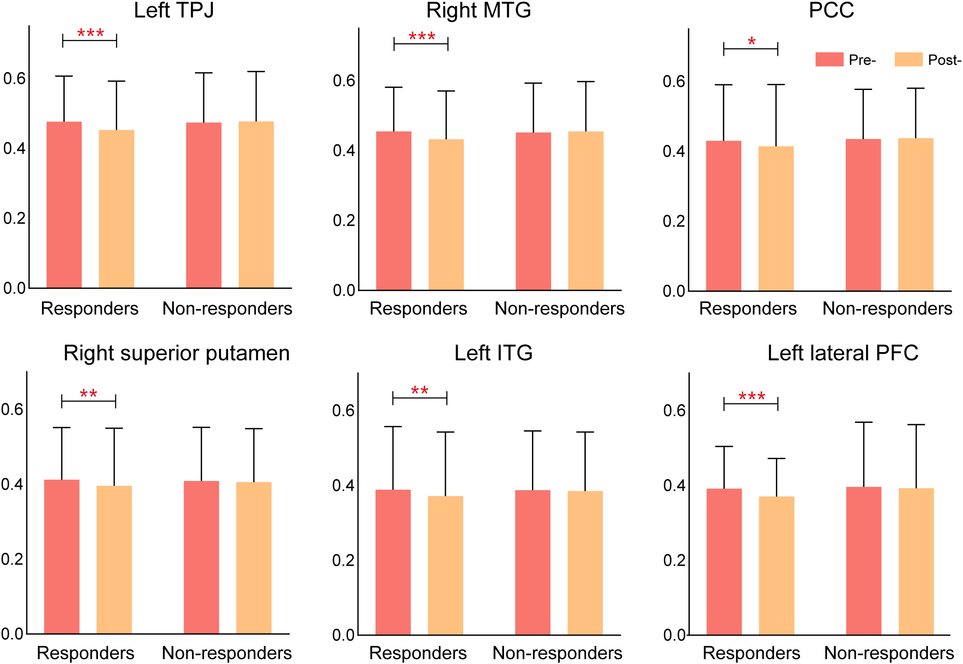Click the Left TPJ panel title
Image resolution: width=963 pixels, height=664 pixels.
tap(174, 10)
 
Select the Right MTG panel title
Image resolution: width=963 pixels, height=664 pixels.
tap(479, 10)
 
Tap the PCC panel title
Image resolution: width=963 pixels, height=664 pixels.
tap(831, 10)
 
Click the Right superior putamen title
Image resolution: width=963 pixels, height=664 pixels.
tap(177, 353)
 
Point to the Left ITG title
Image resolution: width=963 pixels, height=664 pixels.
tap(494, 353)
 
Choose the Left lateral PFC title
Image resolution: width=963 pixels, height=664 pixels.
tap(843, 353)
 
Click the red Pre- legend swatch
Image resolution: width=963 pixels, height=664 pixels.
tap(829, 59)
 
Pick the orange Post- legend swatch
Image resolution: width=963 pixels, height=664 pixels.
tap(908, 59)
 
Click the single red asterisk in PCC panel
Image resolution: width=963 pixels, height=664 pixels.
tap(751, 42)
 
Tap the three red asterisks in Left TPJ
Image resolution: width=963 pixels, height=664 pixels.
tap(90, 33)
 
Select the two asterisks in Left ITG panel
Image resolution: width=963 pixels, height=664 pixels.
tap(420, 391)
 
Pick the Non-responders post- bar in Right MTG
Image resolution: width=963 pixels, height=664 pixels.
tap(586, 211)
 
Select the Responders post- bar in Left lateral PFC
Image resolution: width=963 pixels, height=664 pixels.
tap(776, 565)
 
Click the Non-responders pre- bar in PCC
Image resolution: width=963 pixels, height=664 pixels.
tap(863, 215)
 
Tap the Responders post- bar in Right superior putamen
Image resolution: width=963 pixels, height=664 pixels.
tap(114, 560)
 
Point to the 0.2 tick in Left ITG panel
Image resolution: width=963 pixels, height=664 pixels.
tap(343, 560)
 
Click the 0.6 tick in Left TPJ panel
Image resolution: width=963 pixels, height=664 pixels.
tap(14, 79)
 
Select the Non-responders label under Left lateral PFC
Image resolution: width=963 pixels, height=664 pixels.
tap(889, 653)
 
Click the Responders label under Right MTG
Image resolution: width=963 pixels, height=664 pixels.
tap(418, 309)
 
